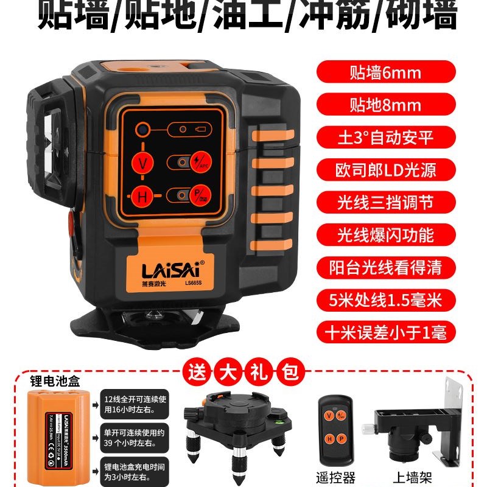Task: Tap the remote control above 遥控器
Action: click(337, 426)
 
